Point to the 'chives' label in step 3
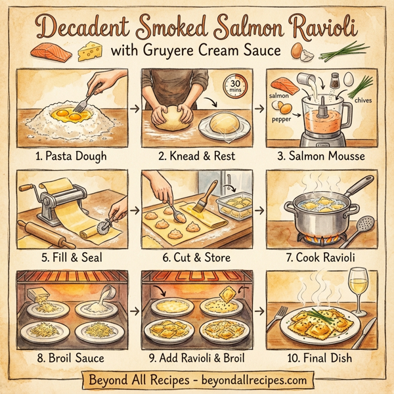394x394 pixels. point(362,100)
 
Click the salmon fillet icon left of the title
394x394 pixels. point(51,50)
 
